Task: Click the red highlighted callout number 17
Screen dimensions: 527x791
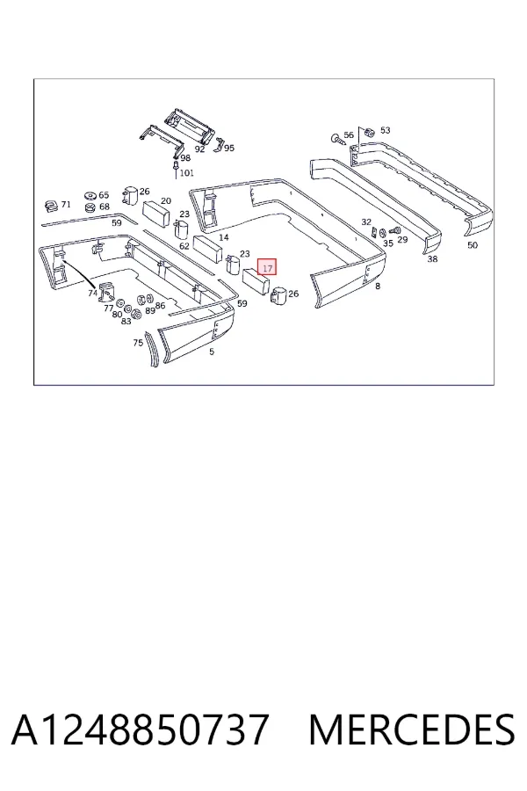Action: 267,267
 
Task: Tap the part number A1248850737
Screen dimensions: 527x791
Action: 139,729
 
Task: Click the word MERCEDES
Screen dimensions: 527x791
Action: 412,729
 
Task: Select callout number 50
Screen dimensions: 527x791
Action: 472,245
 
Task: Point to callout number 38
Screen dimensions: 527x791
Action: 432,259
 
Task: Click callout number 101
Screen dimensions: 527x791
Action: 186,173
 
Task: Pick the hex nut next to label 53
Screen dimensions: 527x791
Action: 368,132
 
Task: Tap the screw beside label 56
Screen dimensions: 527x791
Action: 337,139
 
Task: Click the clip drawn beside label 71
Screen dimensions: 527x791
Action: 51,206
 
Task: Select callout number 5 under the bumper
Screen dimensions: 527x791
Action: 212,352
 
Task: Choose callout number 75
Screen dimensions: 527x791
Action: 138,343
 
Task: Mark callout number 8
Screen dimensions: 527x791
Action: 378,286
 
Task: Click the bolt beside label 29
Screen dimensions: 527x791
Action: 395,231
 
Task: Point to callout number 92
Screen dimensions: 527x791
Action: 199,149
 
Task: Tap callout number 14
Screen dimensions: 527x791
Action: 224,237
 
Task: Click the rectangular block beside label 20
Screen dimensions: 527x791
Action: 158,214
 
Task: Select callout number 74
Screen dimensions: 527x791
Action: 91,293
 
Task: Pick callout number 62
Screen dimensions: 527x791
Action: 184,246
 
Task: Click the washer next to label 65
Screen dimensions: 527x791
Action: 90,196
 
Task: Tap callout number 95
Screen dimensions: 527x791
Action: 229,149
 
